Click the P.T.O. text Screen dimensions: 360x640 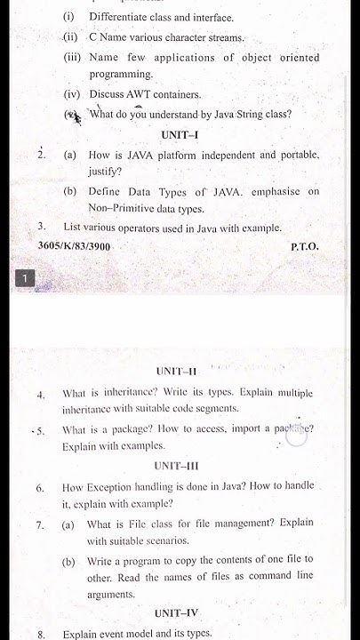tap(304, 245)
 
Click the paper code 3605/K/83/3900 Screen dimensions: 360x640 tap(75, 245)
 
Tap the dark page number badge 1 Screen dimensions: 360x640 tap(26, 280)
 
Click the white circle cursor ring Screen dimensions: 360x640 tap(296, 436)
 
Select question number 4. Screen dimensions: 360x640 tap(41, 393)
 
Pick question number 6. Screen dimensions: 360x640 tap(41, 488)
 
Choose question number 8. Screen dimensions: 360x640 tap(41, 635)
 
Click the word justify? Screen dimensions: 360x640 tap(105, 172)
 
